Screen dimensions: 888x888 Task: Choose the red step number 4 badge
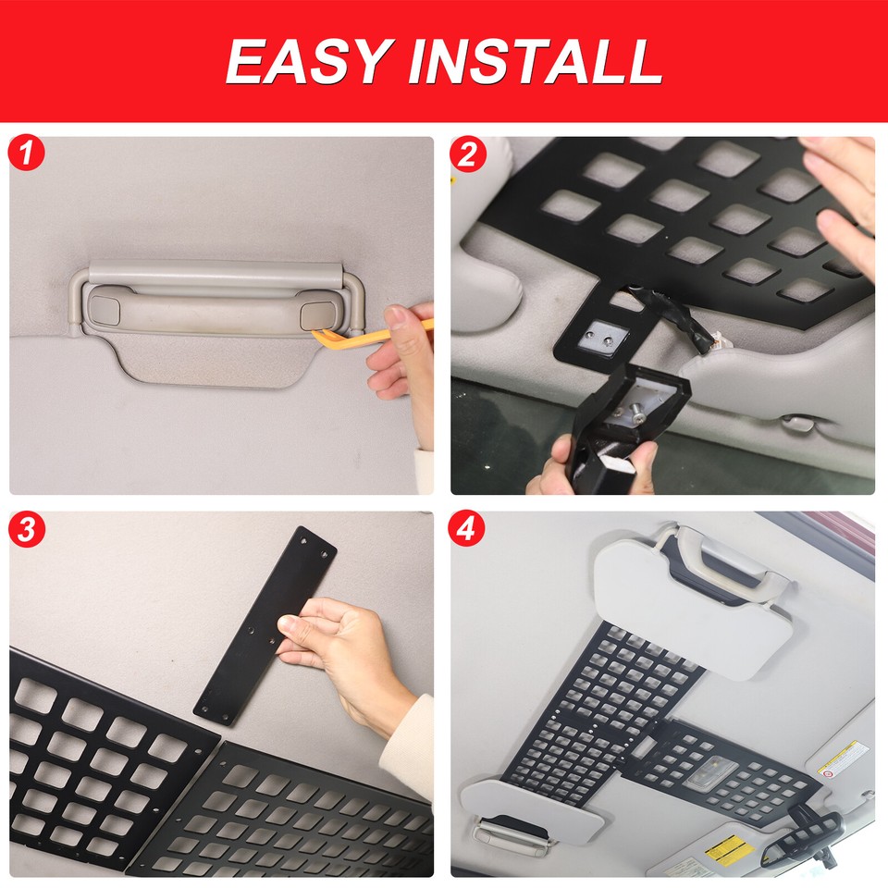pyautogui.click(x=468, y=529)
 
